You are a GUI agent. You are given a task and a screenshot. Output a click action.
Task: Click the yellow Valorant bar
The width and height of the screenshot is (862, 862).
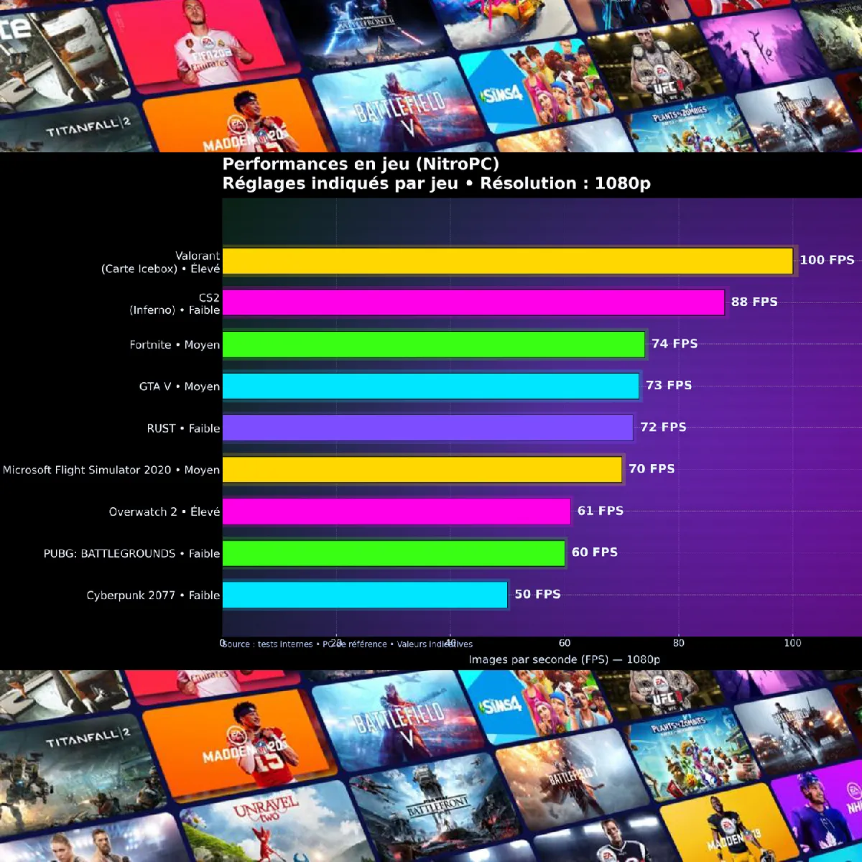tap(508, 261)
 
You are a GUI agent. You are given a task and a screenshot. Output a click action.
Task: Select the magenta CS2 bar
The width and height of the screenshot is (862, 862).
tap(473, 302)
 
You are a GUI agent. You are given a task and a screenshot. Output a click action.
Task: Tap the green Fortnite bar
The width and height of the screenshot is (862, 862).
tap(434, 344)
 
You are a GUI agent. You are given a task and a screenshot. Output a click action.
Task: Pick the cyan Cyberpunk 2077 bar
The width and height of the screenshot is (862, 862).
tap(365, 595)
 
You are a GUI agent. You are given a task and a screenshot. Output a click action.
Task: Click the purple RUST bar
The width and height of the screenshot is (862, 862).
tap(428, 428)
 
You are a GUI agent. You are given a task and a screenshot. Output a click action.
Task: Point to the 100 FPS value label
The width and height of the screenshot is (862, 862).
tap(827, 260)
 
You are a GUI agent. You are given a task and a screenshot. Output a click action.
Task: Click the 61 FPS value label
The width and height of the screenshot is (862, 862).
tap(600, 511)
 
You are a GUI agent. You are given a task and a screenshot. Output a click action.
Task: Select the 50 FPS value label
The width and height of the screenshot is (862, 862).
tap(537, 594)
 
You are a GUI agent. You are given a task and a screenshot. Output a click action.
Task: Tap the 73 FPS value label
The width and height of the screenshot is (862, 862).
tap(669, 385)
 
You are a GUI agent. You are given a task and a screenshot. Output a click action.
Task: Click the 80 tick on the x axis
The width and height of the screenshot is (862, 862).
tap(678, 643)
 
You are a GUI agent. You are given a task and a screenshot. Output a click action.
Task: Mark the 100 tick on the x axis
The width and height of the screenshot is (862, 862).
tap(792, 643)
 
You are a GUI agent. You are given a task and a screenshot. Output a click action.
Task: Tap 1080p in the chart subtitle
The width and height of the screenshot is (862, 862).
tap(622, 183)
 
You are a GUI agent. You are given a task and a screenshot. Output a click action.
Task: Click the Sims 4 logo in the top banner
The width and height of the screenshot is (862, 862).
tap(502, 94)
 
